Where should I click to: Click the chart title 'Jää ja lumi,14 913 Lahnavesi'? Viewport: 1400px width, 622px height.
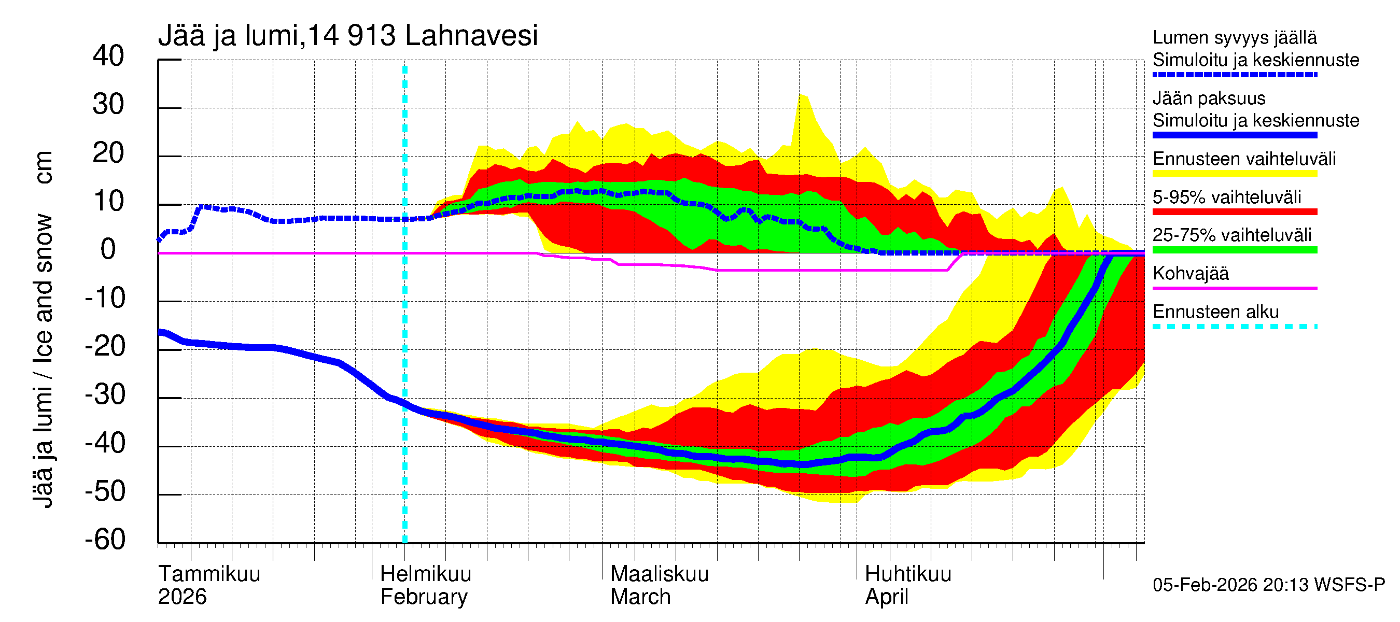[348, 36]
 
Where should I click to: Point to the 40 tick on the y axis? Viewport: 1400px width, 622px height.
[108, 56]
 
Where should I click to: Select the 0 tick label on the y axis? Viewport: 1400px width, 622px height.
[108, 250]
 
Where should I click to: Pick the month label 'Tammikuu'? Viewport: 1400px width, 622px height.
[209, 574]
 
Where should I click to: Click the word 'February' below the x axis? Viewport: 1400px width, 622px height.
[424, 597]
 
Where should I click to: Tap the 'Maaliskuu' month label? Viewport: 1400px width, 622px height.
[659, 574]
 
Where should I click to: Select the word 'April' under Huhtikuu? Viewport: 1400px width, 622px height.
[887, 597]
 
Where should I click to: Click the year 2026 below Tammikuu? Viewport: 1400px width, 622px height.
[182, 597]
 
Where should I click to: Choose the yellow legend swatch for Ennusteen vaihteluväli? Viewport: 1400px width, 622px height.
[1234, 174]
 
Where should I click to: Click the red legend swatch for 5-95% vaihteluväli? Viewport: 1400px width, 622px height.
[1234, 212]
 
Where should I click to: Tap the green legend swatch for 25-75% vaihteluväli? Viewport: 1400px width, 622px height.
[1234, 250]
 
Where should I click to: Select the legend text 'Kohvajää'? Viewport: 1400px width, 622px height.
[1190, 274]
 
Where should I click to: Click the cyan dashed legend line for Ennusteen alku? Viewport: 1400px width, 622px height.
[1234, 327]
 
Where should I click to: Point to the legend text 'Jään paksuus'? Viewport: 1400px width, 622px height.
[1209, 98]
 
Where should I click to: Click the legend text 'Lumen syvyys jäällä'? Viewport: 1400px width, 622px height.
[1234, 38]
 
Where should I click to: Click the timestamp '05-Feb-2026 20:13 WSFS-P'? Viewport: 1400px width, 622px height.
[1268, 585]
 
